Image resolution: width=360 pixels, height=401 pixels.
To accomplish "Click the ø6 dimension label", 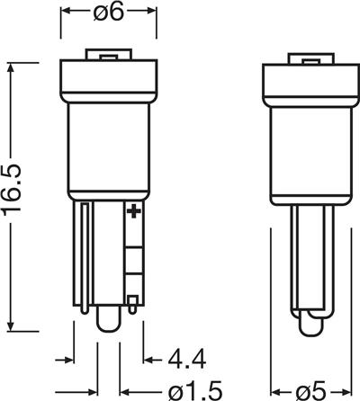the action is (x=108, y=12).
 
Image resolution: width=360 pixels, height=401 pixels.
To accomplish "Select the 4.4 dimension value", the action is (x=187, y=359).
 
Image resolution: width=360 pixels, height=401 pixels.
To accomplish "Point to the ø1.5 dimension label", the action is (x=195, y=390).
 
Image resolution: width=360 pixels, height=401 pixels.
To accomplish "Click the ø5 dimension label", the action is (x=310, y=391).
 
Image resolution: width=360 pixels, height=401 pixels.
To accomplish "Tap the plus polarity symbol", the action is (x=134, y=211).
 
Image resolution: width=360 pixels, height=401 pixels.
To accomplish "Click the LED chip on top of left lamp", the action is (x=109, y=54).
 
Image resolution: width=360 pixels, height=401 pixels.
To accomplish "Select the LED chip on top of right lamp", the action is (x=310, y=58).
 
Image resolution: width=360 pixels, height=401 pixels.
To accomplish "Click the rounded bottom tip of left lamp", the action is (x=108, y=321).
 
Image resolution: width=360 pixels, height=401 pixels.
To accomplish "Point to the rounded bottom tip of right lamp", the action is (x=311, y=326).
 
